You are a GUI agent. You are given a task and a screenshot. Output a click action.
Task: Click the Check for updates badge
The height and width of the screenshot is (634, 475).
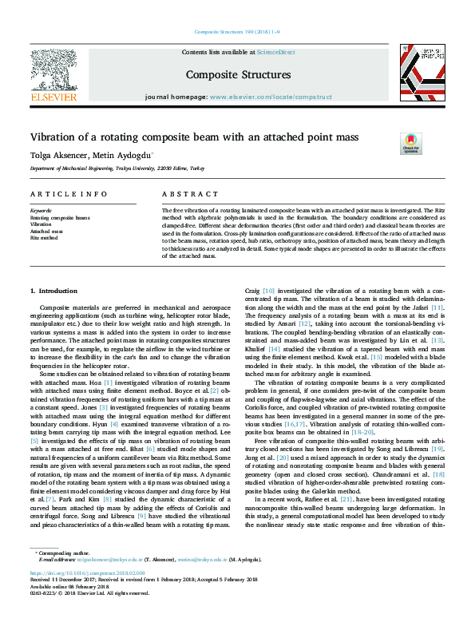(410, 143)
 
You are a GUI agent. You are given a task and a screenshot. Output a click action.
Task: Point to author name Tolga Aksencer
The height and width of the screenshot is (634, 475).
(57, 155)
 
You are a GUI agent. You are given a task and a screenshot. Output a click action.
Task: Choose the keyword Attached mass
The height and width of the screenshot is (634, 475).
(46, 232)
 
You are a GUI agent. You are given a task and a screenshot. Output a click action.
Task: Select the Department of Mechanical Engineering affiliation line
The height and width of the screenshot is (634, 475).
(117, 169)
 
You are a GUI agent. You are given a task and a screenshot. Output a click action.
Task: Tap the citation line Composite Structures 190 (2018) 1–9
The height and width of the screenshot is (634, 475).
(237, 33)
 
